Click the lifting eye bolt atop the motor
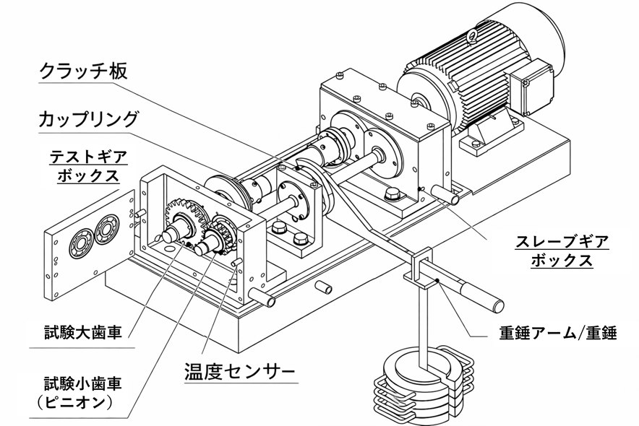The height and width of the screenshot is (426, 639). tap(473, 33)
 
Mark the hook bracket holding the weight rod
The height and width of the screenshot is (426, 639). tap(419, 267)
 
